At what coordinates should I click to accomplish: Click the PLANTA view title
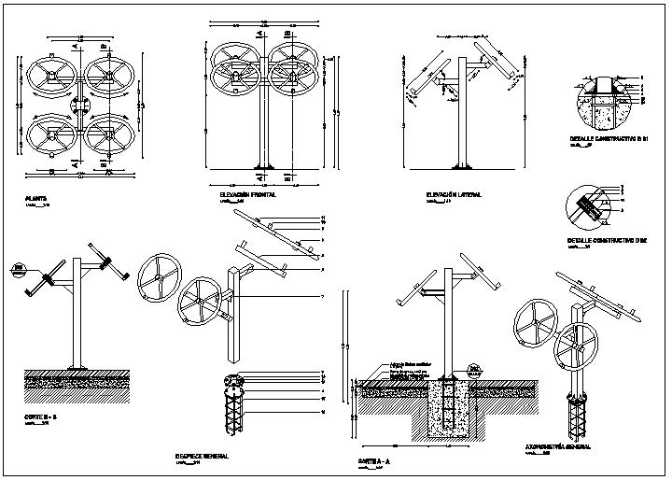pos(38,199)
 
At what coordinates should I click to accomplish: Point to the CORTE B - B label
pos(41,416)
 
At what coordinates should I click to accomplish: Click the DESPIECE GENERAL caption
pos(202,457)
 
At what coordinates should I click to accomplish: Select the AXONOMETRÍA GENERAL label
pos(558,447)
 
